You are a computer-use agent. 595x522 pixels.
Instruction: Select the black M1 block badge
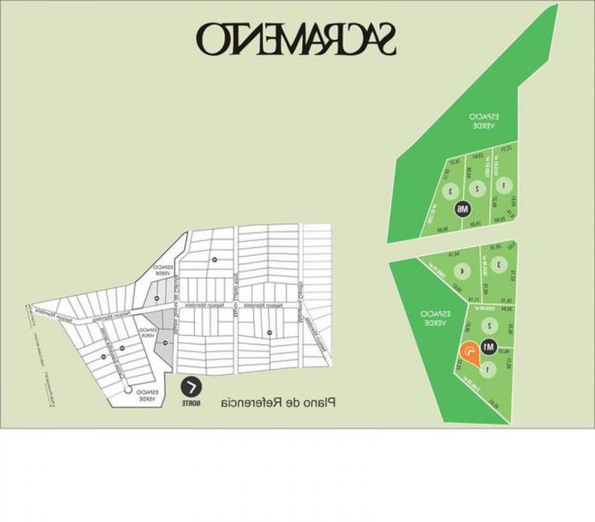click(489, 347)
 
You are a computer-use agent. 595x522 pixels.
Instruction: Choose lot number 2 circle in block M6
click(476, 187)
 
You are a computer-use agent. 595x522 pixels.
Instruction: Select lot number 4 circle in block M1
click(460, 271)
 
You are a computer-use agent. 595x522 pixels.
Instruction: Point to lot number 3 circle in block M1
click(499, 264)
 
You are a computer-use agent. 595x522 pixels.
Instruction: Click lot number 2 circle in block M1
click(489, 325)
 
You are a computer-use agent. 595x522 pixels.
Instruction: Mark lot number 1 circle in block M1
click(488, 369)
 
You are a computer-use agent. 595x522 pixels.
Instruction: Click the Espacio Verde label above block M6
click(481, 121)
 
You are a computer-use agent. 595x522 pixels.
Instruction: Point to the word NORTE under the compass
click(191, 404)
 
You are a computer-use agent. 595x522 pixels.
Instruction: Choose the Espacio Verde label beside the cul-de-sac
click(145, 395)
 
